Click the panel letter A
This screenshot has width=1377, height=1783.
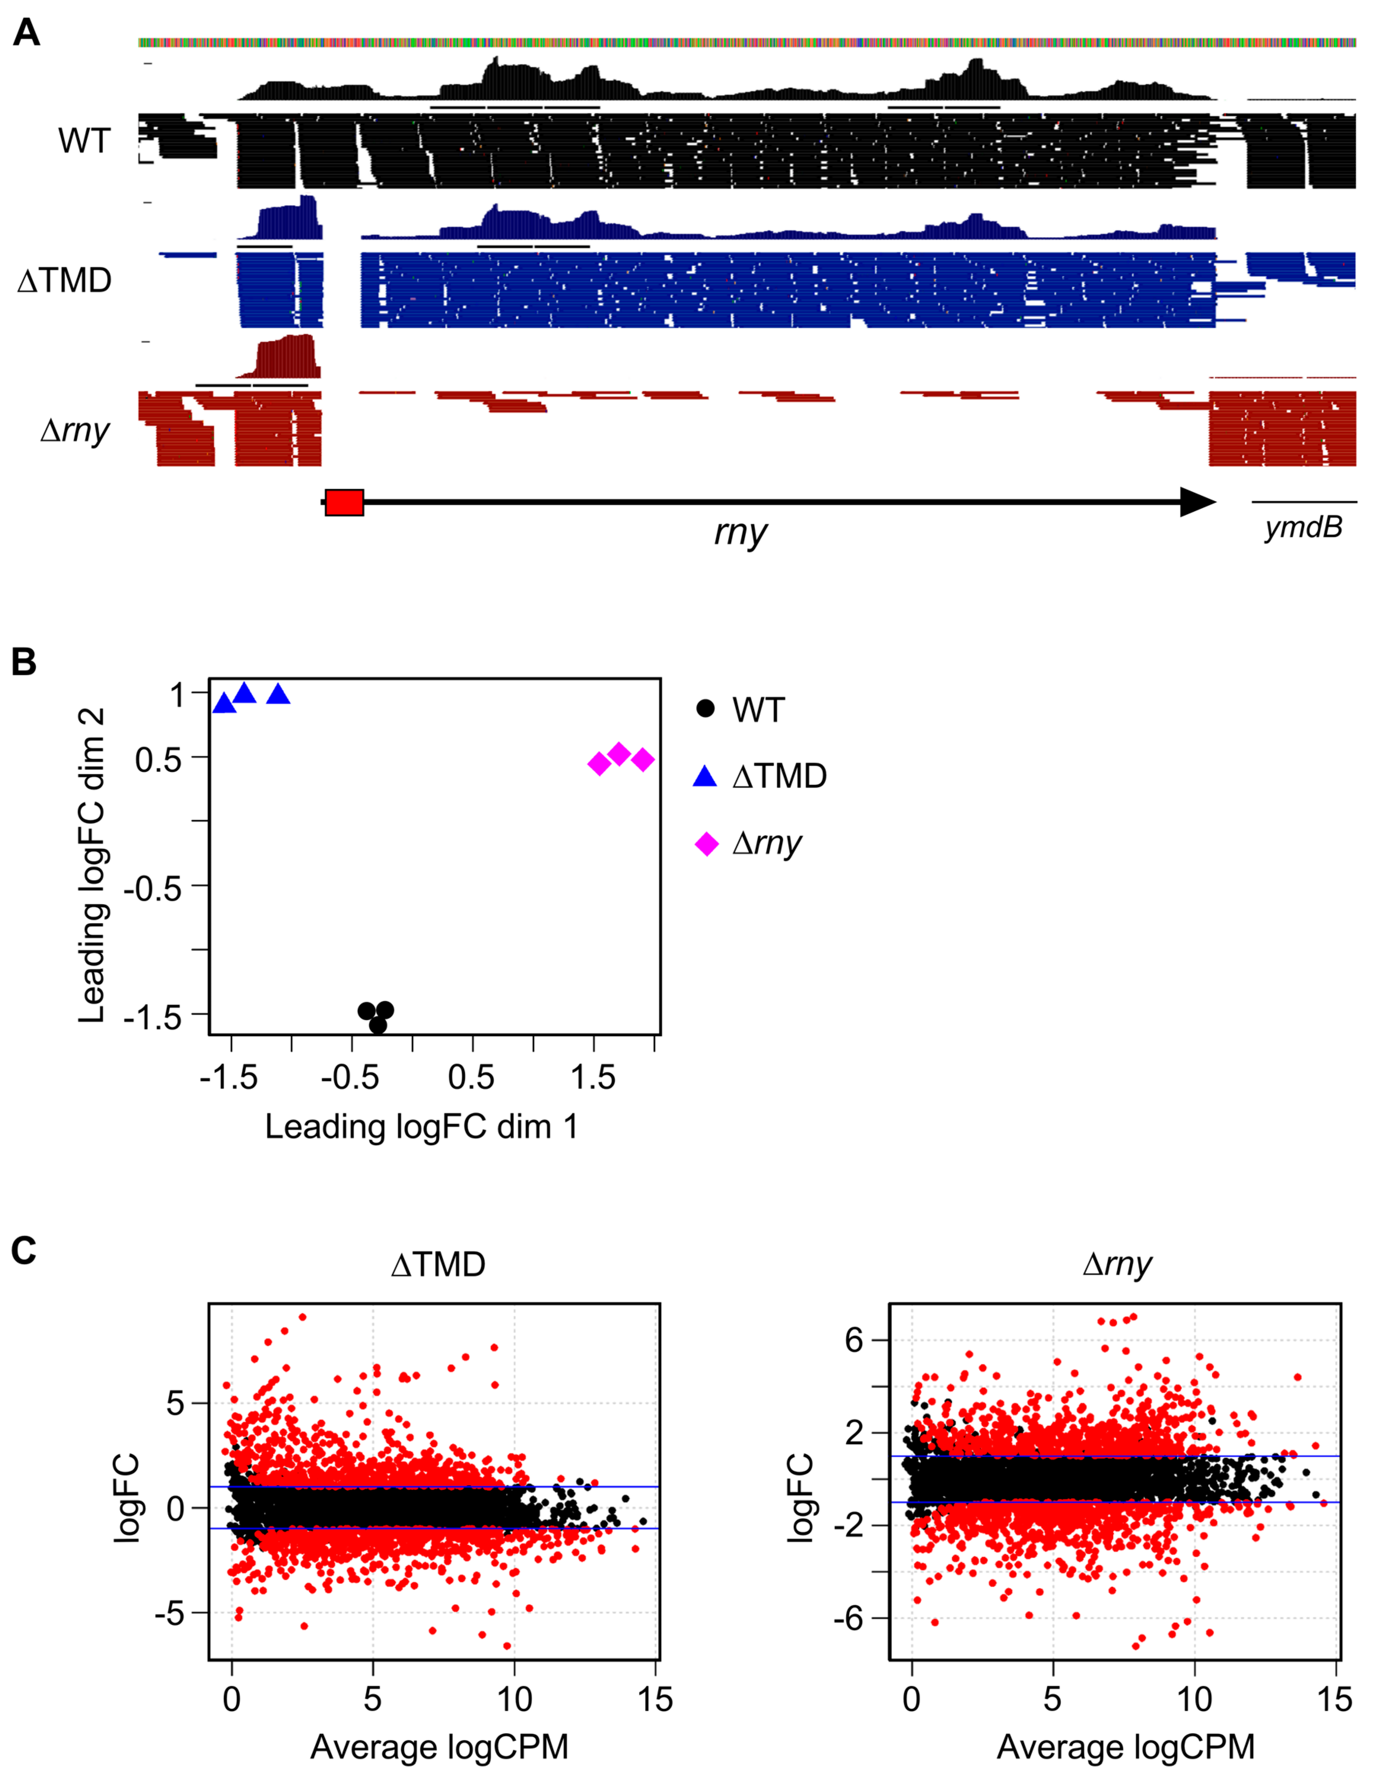coord(26,34)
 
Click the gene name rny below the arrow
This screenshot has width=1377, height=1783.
coord(740,532)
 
